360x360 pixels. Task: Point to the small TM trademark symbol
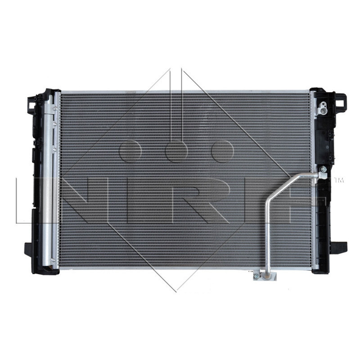click(x=339, y=180)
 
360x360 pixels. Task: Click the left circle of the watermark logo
click(x=130, y=151)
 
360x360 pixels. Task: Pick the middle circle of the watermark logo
click(x=176, y=151)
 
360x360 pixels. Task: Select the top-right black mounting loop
click(x=341, y=101)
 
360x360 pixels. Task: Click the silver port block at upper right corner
click(x=322, y=108)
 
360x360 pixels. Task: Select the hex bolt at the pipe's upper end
click(x=323, y=169)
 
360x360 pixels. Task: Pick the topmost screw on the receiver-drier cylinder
click(x=54, y=108)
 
